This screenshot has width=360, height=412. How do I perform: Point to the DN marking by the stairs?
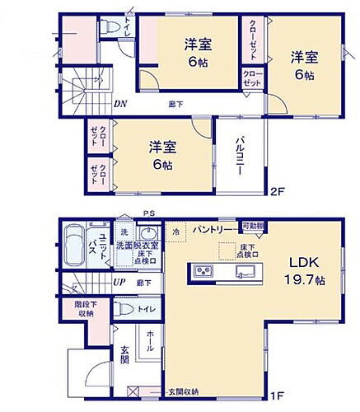120,104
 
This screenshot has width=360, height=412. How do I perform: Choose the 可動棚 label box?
252,227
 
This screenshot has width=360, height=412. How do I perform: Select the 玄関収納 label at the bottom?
184,391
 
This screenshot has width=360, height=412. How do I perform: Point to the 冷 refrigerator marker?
176,232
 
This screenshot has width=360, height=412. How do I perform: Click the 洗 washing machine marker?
121,231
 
